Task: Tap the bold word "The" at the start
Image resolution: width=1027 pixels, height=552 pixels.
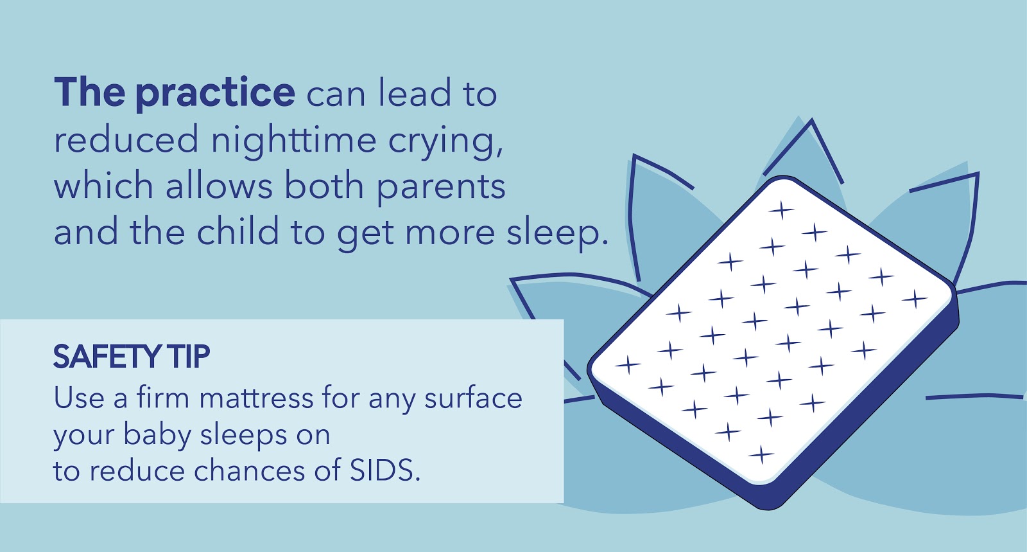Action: coord(89,92)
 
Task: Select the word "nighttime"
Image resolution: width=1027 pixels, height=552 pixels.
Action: coord(293,140)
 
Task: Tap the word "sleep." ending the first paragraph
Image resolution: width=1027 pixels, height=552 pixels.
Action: coord(557,233)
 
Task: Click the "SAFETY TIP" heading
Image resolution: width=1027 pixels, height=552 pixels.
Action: coord(132,357)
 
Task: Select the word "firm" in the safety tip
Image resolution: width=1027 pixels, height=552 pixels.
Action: coord(163,396)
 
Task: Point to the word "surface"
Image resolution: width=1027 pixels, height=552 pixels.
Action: coord(473,397)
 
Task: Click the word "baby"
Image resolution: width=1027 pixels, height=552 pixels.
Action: coord(157,434)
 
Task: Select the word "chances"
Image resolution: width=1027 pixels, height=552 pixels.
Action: coord(250,470)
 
